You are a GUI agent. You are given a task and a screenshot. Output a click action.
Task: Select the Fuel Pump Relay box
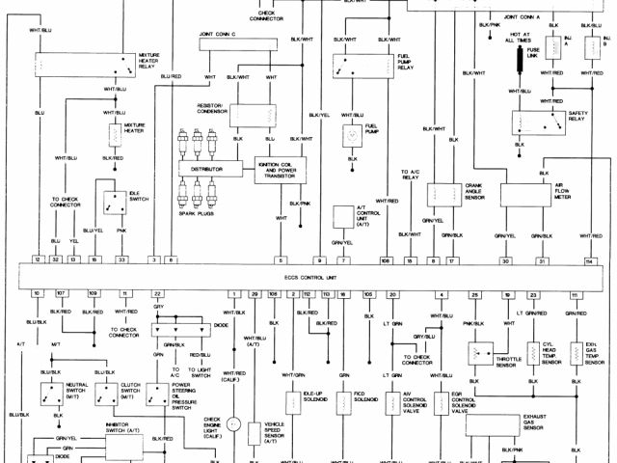point(362,66)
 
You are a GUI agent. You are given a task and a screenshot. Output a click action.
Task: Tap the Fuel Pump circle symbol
point(351,133)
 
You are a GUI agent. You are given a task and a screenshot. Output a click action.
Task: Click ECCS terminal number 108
point(385,261)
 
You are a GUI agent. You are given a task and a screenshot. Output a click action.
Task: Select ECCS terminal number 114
point(589,261)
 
